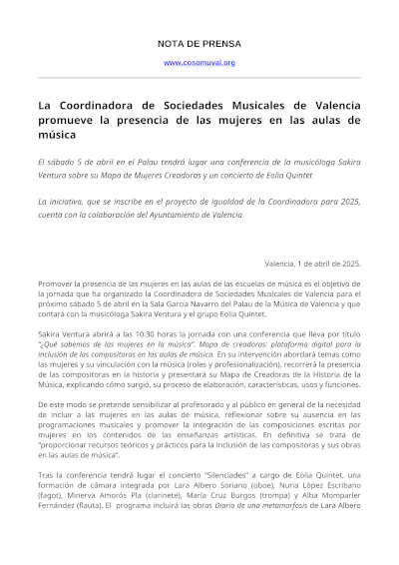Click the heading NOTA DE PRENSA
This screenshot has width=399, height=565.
click(199, 45)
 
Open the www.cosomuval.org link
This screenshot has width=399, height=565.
click(199, 63)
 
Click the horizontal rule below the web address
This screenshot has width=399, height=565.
click(199, 77)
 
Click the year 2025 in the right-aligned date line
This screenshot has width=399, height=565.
click(344, 264)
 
